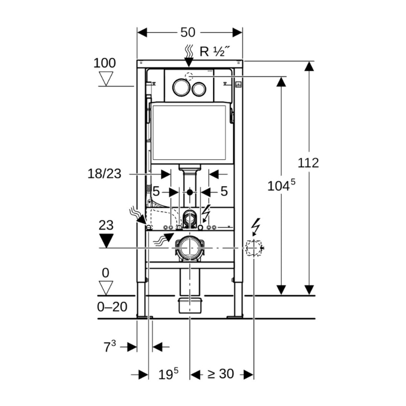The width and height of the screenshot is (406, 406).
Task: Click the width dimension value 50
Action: pos(188,32)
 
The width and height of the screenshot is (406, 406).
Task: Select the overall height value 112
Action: pos(308,163)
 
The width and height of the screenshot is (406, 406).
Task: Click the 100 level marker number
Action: pos(105,63)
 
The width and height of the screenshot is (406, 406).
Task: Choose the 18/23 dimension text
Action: pos(104,174)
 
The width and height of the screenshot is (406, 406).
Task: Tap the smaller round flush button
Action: pos(199,88)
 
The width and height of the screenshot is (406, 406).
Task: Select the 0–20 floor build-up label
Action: pos(112,307)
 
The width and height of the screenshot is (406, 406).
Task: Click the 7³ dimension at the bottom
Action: pos(109,347)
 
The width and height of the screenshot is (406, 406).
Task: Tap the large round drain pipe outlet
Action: pos(189,248)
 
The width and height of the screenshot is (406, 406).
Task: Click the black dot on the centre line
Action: pos(189,192)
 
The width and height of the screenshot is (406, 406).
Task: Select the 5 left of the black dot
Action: pos(156,191)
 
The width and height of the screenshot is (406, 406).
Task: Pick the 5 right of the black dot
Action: pos(224,191)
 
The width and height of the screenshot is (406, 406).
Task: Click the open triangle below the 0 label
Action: pos(106,288)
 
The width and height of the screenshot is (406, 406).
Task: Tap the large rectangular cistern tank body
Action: pos(189,133)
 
